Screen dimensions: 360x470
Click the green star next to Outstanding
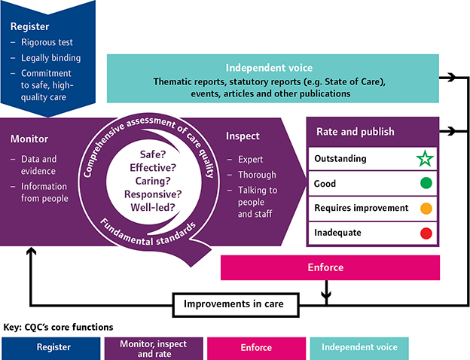[426, 159]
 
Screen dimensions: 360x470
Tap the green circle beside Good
[426, 183]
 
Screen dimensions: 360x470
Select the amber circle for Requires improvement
[426, 208]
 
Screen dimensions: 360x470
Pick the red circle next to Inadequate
[426, 233]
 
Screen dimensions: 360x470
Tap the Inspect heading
[243, 136]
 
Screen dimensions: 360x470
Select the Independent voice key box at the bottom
[359, 347]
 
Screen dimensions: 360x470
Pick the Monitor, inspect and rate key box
[152, 347]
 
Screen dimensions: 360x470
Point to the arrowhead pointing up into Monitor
[30, 252]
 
